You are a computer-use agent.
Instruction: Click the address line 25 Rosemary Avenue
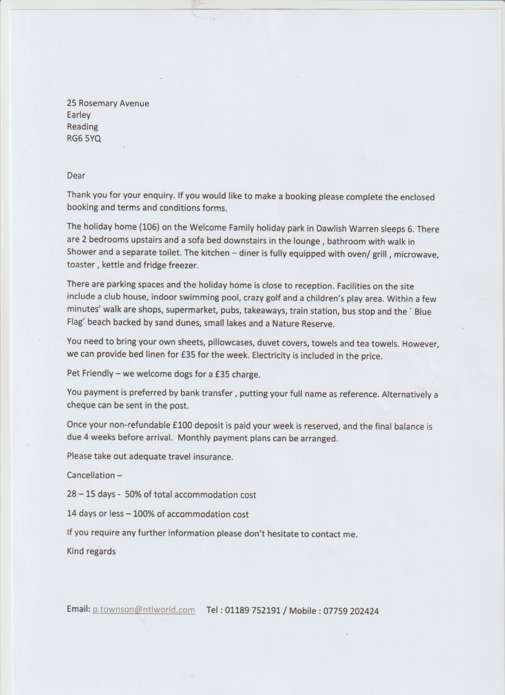pyautogui.click(x=108, y=103)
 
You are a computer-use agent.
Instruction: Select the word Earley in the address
pyautogui.click(x=78, y=115)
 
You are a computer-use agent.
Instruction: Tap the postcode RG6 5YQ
pyautogui.click(x=84, y=139)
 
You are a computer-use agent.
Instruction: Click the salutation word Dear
pyautogui.click(x=76, y=175)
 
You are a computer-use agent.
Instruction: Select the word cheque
pyautogui.click(x=81, y=405)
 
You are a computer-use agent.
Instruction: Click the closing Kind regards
pyautogui.click(x=91, y=551)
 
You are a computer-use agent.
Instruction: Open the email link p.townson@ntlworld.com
pyautogui.click(x=144, y=609)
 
